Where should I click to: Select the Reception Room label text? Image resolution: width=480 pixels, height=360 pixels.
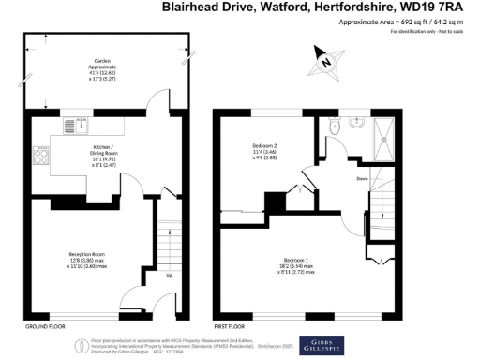[x=86, y=260]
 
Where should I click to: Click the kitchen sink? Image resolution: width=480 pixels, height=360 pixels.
[x=72, y=126]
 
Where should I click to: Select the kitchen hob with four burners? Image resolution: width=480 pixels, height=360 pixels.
[x=42, y=157]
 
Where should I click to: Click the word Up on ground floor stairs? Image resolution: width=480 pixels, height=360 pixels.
[x=169, y=275]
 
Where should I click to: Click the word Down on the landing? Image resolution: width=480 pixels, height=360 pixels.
[x=361, y=177]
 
